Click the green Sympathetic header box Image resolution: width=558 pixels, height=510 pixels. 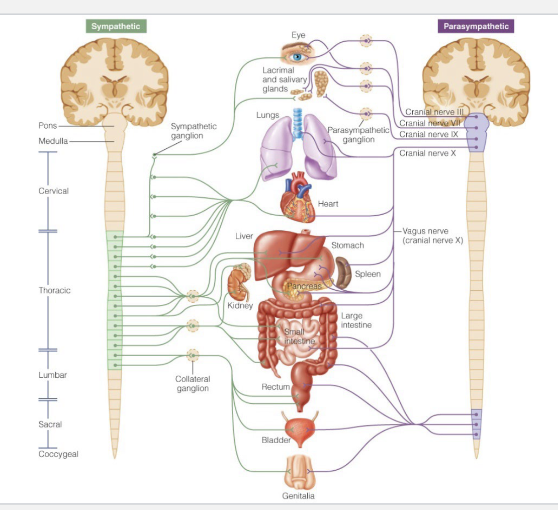116,27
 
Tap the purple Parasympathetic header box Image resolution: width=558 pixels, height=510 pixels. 476,27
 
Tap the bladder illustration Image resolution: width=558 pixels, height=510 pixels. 301,432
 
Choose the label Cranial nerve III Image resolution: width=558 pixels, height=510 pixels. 434,112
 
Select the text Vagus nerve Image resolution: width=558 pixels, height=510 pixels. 425,231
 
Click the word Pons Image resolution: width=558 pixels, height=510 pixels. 48,125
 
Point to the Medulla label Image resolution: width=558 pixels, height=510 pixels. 53,141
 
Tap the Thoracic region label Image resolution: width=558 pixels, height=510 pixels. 54,290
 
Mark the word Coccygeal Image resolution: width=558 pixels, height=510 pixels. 58,454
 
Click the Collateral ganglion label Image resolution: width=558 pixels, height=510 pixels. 193,383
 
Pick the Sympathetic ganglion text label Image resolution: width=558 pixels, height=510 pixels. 194,131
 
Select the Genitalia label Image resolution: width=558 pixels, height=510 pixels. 298,496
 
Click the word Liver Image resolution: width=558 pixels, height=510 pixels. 244,236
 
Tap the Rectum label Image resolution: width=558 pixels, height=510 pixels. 275,387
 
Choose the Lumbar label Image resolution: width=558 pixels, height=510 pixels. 52,375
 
